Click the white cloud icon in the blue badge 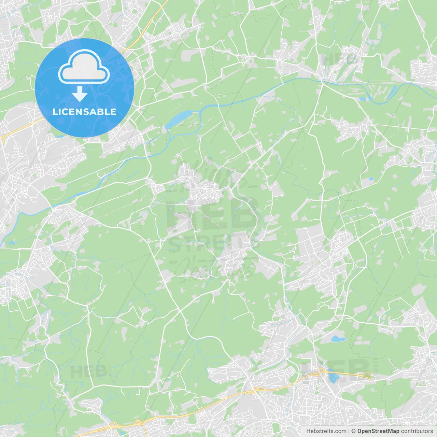pyautogui.click(x=84, y=67)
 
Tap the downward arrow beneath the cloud pyautogui.click(x=80, y=94)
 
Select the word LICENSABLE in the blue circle pyautogui.click(x=84, y=112)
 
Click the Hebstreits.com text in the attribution pyautogui.click(x=326, y=431)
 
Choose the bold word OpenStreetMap pyautogui.click(x=378, y=431)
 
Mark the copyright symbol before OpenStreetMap pyautogui.click(x=354, y=431)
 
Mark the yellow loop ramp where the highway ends pyautogui.click(x=368, y=376)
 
